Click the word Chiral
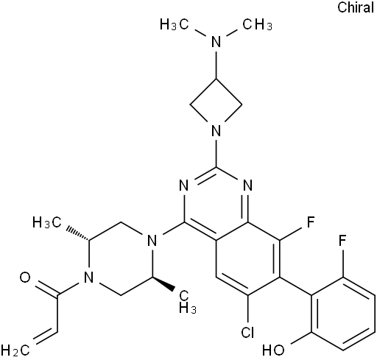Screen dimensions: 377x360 coord(356,7)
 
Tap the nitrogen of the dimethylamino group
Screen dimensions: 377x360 coord(216,42)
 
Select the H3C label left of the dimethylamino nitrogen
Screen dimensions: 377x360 coord(175,25)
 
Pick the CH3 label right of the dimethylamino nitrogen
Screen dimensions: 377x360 coord(258,25)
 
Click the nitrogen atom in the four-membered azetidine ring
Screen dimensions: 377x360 coord(216,130)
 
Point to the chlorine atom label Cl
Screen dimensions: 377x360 coord(247,333)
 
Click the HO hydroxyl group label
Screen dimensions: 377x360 coord(273,350)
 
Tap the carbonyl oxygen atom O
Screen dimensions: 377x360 coord(25,278)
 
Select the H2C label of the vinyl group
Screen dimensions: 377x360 coord(15,350)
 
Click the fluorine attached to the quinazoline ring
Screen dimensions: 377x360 coord(311,222)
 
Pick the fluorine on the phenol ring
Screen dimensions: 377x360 coord(342,241)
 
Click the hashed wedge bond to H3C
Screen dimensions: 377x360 coord(77,233)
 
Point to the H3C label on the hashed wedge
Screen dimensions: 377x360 coord(47,222)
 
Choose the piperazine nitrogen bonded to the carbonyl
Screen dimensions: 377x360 coord(88,278)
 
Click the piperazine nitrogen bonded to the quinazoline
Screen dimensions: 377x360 coord(152,241)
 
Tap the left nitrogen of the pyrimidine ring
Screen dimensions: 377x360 coord(184,186)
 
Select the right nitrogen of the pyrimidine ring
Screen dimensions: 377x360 coord(248,186)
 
